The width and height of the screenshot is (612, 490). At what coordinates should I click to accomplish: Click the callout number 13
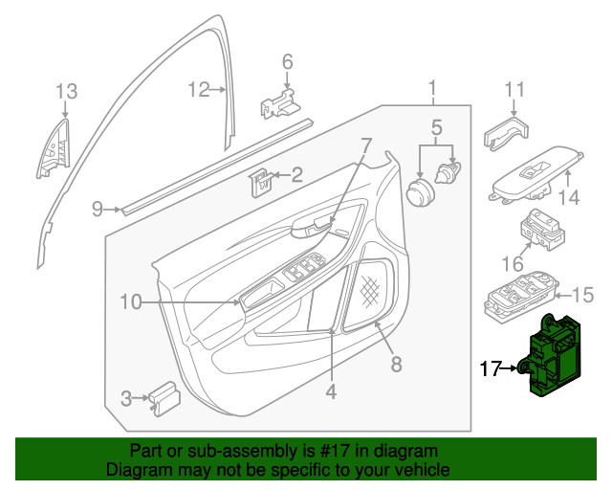[x=65, y=92]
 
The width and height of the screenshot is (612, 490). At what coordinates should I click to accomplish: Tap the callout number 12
[x=198, y=90]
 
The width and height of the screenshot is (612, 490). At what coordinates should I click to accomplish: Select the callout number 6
[x=286, y=62]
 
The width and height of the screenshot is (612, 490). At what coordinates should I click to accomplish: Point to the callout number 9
[x=98, y=208]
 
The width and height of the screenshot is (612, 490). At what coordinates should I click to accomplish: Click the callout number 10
[x=130, y=302]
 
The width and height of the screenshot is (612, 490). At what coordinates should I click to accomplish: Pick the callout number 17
[x=490, y=367]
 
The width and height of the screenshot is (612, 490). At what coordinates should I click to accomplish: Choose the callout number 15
[x=582, y=294]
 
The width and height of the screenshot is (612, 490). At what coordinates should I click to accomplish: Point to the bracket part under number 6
[x=278, y=100]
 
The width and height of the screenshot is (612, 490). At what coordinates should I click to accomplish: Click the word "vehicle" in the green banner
[x=417, y=471]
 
